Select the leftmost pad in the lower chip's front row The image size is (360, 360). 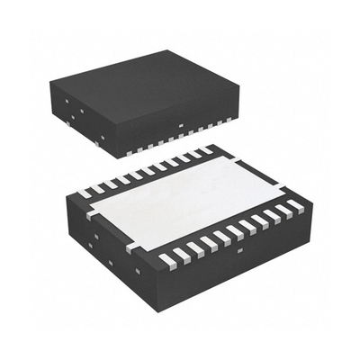(x=166, y=260)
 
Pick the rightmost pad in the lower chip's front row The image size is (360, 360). (x=296, y=205)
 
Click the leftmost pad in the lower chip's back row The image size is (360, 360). (x=83, y=193)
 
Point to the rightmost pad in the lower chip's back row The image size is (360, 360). (x=208, y=149)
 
